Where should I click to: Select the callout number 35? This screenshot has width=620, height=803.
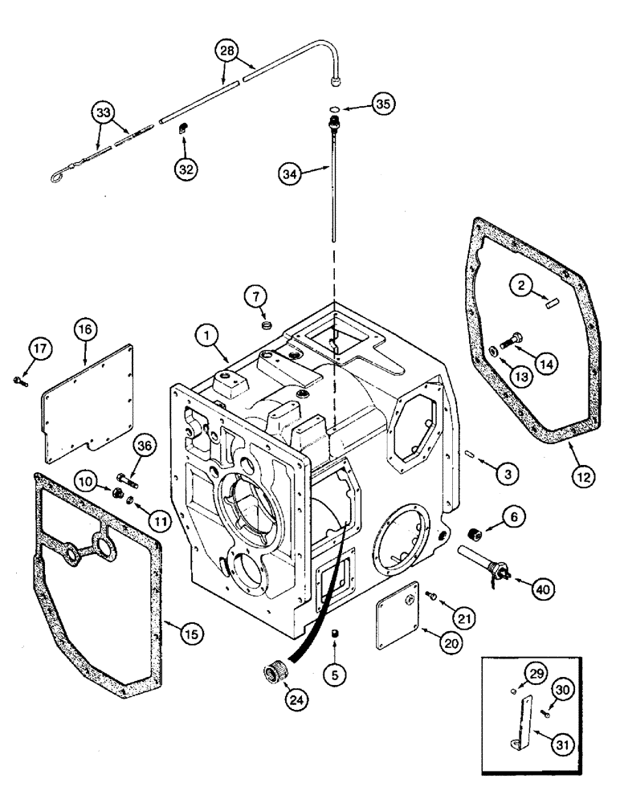(383, 104)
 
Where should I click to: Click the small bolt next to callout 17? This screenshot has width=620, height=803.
(21, 380)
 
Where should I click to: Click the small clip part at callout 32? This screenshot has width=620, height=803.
(184, 127)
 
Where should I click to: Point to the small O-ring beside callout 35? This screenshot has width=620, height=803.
(334, 109)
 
